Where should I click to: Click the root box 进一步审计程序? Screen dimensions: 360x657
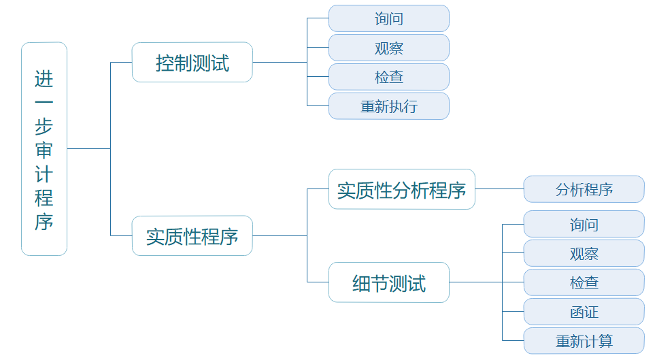point(44,148)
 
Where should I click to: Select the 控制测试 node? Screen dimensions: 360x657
point(192,63)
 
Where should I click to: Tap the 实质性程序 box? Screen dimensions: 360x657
point(192,236)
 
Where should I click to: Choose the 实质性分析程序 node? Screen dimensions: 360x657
point(401,189)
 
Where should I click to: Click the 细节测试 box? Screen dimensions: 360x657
point(389,282)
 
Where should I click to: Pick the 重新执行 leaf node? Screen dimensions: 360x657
point(389,106)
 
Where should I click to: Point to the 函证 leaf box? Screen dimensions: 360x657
point(584,312)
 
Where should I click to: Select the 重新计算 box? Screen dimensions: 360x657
point(584,341)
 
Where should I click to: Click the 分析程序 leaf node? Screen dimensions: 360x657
point(584,189)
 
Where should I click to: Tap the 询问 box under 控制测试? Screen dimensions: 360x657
point(389,18)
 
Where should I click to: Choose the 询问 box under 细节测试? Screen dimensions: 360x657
point(584,224)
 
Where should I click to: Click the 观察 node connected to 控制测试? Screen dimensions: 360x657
point(389,48)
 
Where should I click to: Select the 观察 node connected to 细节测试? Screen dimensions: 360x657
point(584,253)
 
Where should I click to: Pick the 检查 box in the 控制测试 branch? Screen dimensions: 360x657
point(389,77)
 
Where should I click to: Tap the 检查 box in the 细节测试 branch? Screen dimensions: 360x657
point(584,282)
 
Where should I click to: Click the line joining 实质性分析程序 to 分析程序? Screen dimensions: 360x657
point(499,189)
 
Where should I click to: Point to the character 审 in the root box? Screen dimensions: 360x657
point(44,150)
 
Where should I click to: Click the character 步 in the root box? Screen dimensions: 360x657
point(44,127)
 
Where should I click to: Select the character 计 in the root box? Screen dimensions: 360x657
point(44,174)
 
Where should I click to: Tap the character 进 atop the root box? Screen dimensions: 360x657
point(44,79)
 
